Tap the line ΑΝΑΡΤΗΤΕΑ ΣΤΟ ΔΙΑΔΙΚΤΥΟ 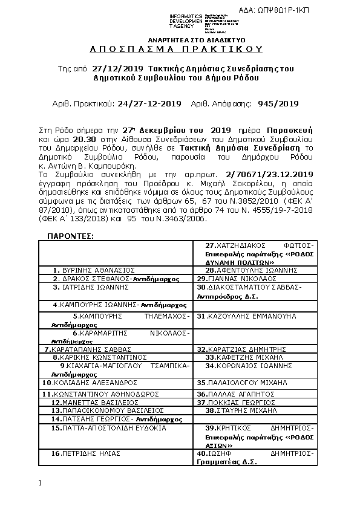click(180, 37)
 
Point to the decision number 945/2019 click(278, 103)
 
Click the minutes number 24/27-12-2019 click(149, 103)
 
